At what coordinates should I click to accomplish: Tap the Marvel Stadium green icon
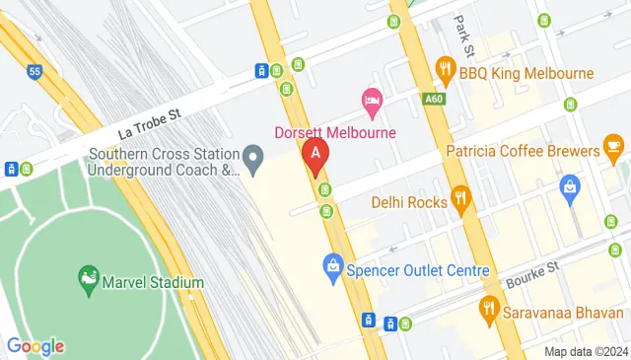[x=89, y=280]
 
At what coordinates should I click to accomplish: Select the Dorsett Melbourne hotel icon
[x=372, y=101]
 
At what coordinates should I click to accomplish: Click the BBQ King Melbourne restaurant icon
[x=445, y=72]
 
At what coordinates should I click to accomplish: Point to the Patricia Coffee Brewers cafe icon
[x=614, y=151]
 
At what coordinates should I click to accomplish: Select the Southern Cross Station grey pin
[x=253, y=156]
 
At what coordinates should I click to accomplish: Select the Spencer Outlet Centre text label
[x=418, y=270]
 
